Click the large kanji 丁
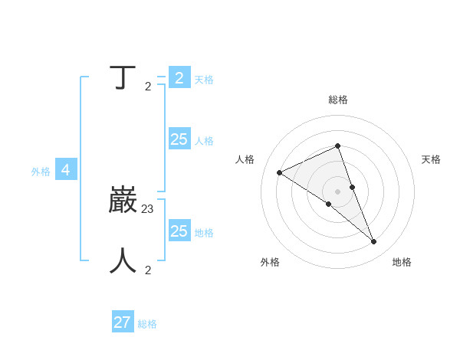pos(123,77)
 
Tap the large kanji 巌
pos(123,200)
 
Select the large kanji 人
pos(123,260)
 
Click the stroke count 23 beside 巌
pos(148,208)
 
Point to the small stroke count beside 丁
pos(148,87)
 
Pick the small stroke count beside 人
pos(148,270)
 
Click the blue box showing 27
pos(123,322)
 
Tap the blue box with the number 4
pos(66,170)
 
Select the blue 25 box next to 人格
pos(179,139)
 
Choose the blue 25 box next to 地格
pos(179,231)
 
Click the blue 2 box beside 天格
pos(179,78)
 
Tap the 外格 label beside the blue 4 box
pos(41,172)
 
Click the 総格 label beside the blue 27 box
pos(147,324)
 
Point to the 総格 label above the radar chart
pos(338,100)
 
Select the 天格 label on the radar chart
pos(431,159)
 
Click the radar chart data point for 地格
pos(374,242)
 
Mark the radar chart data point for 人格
pos(280,172)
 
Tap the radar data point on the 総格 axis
pos(338,146)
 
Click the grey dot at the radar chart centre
pos(338,191)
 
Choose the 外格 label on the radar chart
pos(270,262)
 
